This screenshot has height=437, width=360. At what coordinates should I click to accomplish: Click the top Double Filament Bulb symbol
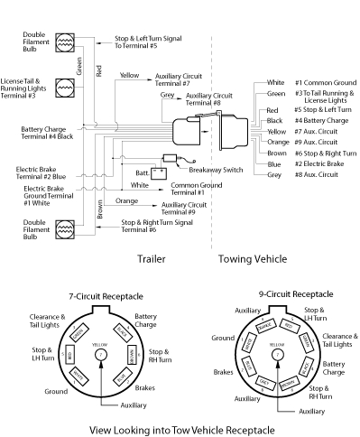pos(65,42)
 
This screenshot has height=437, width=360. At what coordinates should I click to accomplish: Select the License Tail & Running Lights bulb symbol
pos(65,87)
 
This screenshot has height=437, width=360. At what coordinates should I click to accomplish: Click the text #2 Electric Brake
pos(320,164)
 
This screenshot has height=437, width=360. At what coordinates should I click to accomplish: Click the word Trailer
pos(151,259)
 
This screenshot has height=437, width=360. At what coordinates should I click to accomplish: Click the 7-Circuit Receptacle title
pos(101,297)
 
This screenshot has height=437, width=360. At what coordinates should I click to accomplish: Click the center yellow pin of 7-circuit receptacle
pos(100,354)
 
